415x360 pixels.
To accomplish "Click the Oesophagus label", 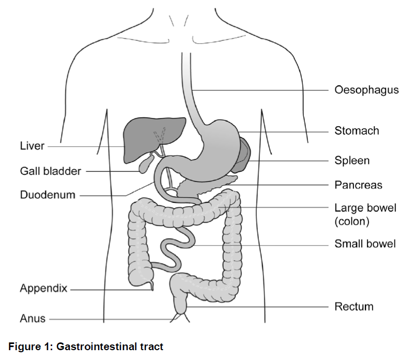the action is pos(366,90).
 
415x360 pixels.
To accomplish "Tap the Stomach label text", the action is pos(357,130).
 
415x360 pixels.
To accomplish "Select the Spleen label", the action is pos(352,160).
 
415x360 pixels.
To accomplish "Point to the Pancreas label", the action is pos(358,185).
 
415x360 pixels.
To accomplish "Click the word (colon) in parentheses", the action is pos(352,221).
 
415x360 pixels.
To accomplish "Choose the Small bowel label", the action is pos(365,244).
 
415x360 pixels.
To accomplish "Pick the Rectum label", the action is pos(354,307).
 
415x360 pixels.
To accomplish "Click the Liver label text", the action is pos(32,146).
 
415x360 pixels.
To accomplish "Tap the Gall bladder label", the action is pos(50,171).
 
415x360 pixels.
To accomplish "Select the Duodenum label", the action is pos(48,195).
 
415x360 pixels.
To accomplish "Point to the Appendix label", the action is pos(43,288).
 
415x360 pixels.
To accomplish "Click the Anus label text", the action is pos(33,319).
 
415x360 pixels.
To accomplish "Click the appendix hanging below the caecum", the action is pos(151,286).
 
